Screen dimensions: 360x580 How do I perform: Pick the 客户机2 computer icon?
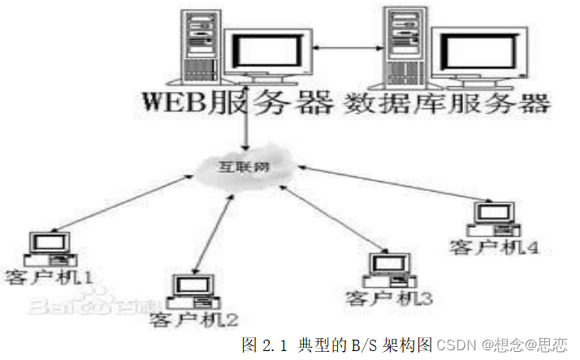coord(194,289)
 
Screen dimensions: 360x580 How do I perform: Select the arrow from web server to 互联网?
coord(245,122)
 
